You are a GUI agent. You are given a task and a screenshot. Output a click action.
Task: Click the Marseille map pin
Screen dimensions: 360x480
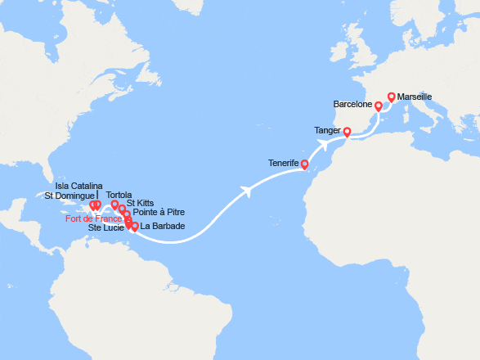pyautogui.click(x=391, y=97)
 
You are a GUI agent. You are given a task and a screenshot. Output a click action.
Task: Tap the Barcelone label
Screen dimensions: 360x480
pyautogui.click(x=353, y=106)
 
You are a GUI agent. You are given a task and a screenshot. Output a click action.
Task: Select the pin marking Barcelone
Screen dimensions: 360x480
pyautogui.click(x=379, y=106)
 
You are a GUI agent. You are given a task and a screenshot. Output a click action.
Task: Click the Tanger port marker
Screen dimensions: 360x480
pyautogui.click(x=347, y=132)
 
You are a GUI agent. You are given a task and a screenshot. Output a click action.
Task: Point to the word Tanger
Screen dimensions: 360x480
pyautogui.click(x=328, y=130)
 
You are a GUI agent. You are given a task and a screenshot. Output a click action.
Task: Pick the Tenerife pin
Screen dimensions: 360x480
pyautogui.click(x=304, y=164)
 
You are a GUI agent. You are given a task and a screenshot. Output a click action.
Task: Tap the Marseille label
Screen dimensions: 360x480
pyautogui.click(x=415, y=97)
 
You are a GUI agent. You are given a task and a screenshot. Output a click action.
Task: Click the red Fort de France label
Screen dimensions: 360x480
pyautogui.click(x=95, y=218)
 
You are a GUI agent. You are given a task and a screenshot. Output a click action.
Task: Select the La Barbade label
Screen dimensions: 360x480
pyautogui.click(x=163, y=227)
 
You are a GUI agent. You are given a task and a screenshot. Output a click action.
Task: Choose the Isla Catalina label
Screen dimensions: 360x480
pyautogui.click(x=80, y=186)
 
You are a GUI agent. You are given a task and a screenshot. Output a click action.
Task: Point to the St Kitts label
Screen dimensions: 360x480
pyautogui.click(x=141, y=203)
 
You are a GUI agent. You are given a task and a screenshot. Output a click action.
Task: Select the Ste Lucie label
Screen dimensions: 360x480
pyautogui.click(x=107, y=227)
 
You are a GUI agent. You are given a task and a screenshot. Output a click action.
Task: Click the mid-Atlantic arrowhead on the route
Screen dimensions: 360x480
pyautogui.click(x=246, y=191)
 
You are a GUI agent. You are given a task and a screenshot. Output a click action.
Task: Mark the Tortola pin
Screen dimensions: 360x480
pyautogui.click(x=115, y=205)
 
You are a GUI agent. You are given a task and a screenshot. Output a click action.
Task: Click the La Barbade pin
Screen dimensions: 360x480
pyautogui.click(x=134, y=227)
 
